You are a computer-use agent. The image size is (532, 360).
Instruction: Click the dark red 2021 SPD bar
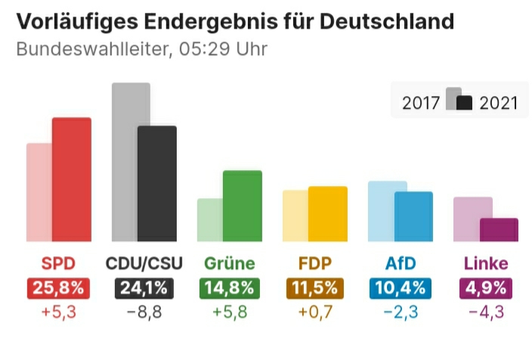click(x=72, y=179)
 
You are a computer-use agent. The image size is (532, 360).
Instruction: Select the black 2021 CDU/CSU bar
click(x=157, y=183)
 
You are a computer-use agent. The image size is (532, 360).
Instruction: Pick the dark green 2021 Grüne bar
click(x=243, y=206)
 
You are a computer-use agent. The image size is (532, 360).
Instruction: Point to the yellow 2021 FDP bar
click(x=328, y=213)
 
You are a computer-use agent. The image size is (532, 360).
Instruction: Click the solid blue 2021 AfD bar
click(x=413, y=216)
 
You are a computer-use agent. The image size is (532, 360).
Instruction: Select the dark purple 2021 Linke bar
click(x=499, y=230)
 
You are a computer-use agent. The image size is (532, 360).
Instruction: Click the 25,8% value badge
click(x=58, y=288)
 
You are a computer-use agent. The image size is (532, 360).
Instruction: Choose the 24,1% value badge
click(x=144, y=288)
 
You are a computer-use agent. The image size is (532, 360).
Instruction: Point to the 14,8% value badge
click(x=230, y=288)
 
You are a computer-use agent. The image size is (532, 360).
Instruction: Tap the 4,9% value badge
click(x=486, y=288)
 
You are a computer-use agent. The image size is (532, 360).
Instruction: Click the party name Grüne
click(x=230, y=263)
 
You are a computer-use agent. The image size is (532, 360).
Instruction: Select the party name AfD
click(x=401, y=263)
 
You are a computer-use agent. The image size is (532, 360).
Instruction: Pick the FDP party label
click(x=315, y=263)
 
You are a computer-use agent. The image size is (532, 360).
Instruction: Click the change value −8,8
click(x=144, y=312)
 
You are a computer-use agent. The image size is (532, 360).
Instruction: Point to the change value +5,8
click(x=230, y=312)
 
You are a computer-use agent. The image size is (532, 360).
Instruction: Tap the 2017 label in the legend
click(x=421, y=103)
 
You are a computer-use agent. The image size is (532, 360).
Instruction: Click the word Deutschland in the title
click(x=387, y=21)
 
